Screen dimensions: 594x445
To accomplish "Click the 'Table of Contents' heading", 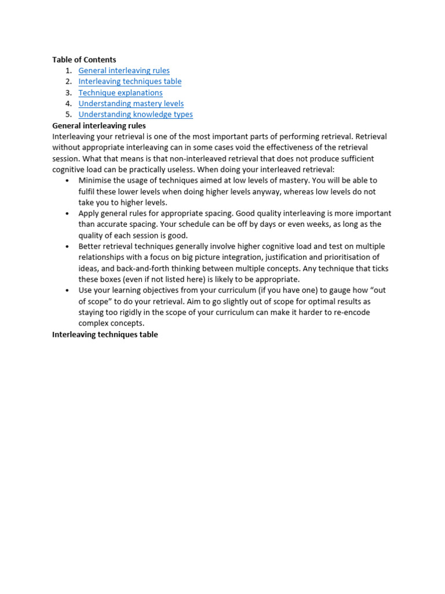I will (84, 60).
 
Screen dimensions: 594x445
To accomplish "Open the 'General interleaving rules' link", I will (124, 71).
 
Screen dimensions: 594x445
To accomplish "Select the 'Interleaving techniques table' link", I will (130, 82).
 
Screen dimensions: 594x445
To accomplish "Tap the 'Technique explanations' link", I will (121, 93).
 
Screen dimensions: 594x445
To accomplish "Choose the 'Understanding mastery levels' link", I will (131, 104).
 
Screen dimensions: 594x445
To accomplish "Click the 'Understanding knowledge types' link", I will (136, 115).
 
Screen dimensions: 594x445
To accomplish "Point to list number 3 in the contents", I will (68, 93).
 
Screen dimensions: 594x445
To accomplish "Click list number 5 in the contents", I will (68, 115).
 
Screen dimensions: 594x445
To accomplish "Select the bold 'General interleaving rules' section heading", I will (99, 125).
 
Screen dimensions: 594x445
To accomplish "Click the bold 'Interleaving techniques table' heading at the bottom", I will (105, 335).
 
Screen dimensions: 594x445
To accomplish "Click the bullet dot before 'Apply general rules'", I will (68, 213).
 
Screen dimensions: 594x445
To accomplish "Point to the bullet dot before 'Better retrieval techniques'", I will (68, 247).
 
